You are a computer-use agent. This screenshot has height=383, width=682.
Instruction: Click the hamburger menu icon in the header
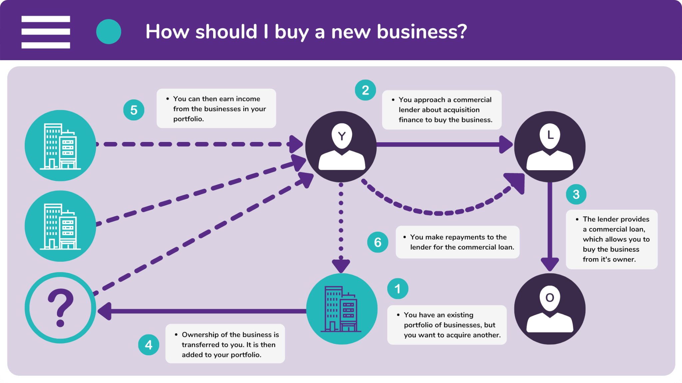[46, 32]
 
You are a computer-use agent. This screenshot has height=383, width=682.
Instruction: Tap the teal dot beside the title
[109, 32]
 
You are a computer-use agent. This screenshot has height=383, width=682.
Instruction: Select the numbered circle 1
[398, 289]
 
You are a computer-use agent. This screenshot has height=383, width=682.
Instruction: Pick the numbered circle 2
[365, 90]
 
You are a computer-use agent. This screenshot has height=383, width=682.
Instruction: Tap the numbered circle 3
[576, 194]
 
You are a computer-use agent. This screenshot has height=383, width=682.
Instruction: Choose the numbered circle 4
[149, 345]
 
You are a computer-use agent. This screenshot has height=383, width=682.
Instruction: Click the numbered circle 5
[134, 110]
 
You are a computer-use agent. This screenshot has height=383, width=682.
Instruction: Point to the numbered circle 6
[378, 242]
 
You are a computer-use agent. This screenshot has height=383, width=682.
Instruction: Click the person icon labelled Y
[341, 147]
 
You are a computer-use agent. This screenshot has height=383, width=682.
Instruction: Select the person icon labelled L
[550, 147]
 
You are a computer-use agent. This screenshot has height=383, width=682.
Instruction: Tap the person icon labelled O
[550, 309]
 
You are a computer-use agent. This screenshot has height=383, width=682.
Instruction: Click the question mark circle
[60, 308]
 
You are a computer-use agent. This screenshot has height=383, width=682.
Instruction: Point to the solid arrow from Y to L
[445, 145]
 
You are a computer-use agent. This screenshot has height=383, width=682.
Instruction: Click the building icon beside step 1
[342, 309]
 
